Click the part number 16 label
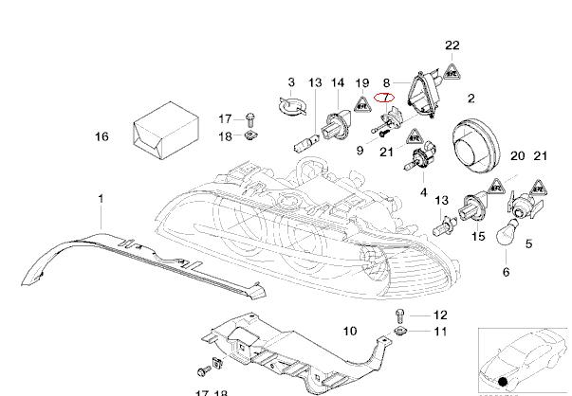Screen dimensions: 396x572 (x=101, y=137)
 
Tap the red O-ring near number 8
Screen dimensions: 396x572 (x=384, y=96)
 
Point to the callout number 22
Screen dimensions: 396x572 (x=452, y=45)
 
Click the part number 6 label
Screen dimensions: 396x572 (x=506, y=272)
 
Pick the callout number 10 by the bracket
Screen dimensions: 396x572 (x=349, y=332)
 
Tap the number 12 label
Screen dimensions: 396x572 (x=440, y=315)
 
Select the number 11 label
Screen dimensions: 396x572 (x=440, y=332)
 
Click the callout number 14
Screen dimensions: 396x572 (x=337, y=82)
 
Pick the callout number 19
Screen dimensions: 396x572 (x=363, y=82)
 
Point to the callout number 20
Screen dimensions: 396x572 (x=518, y=155)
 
